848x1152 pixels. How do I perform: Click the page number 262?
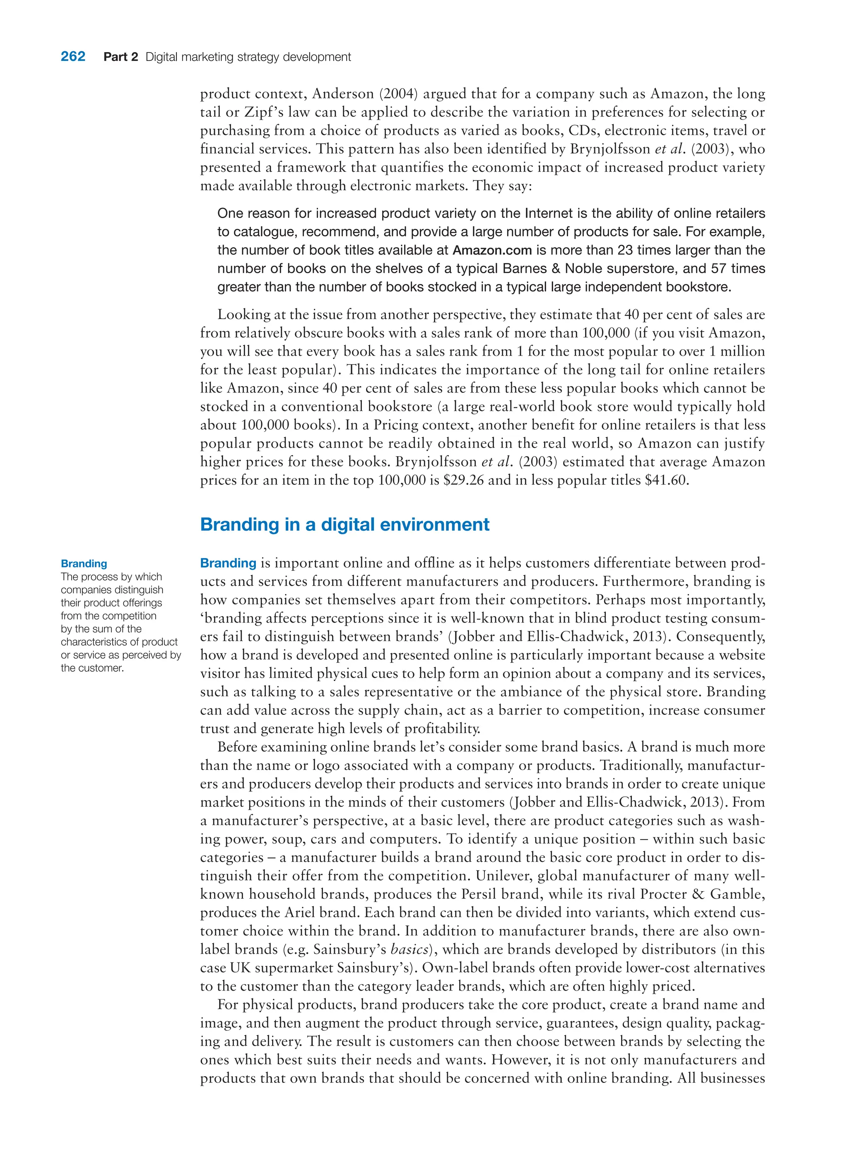(x=73, y=56)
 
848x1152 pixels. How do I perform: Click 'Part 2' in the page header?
(x=120, y=57)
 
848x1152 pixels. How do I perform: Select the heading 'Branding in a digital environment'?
(x=344, y=524)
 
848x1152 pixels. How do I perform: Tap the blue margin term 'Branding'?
(x=84, y=563)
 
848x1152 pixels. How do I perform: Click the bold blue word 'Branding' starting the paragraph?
(x=228, y=563)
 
